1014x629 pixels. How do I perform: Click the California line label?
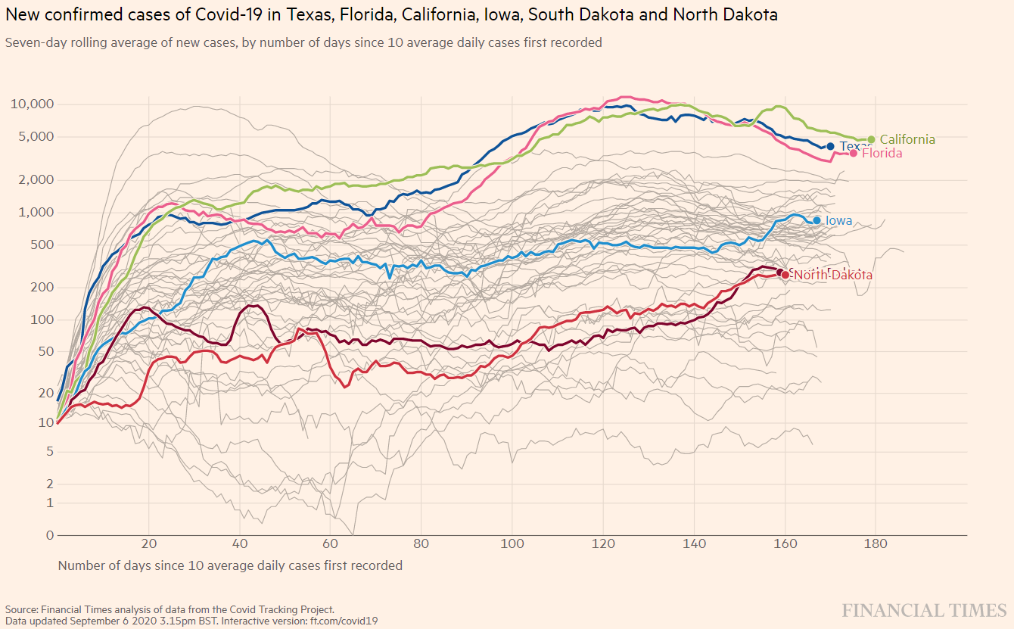pos(907,139)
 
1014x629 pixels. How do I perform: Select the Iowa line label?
pos(838,221)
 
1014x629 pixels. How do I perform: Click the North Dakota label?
pos(832,276)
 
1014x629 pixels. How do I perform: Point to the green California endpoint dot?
pos(871,139)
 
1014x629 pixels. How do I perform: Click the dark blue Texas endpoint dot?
pos(830,146)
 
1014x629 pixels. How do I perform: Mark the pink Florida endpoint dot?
pos(854,153)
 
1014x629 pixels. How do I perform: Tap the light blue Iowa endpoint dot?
pos(816,220)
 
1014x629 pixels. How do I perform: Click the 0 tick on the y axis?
pos(50,535)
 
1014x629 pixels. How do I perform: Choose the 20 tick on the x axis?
pos(149,543)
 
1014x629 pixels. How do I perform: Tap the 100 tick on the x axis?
pos(512,543)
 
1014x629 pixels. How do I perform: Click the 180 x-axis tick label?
pos(876,543)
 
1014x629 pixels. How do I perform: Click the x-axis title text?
pos(230,565)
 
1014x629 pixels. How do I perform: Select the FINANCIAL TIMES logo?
pos(924,611)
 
